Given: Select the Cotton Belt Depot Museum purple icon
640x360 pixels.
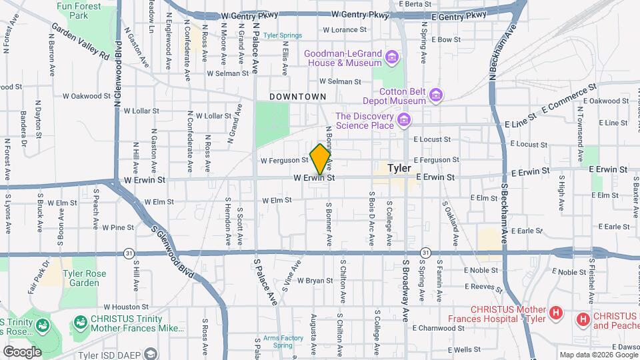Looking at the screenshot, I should click(x=436, y=95).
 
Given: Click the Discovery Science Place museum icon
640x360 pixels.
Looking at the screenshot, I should click(x=403, y=120).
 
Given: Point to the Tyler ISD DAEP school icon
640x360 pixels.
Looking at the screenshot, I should click(x=151, y=353).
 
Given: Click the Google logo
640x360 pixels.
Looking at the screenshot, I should click(x=22, y=352).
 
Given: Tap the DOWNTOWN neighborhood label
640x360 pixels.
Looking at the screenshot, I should click(x=297, y=97).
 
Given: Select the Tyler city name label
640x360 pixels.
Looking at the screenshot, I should click(x=399, y=168).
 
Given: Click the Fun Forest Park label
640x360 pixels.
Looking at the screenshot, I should click(x=79, y=10).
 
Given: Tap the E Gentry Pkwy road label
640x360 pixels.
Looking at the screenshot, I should click(x=459, y=15).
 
